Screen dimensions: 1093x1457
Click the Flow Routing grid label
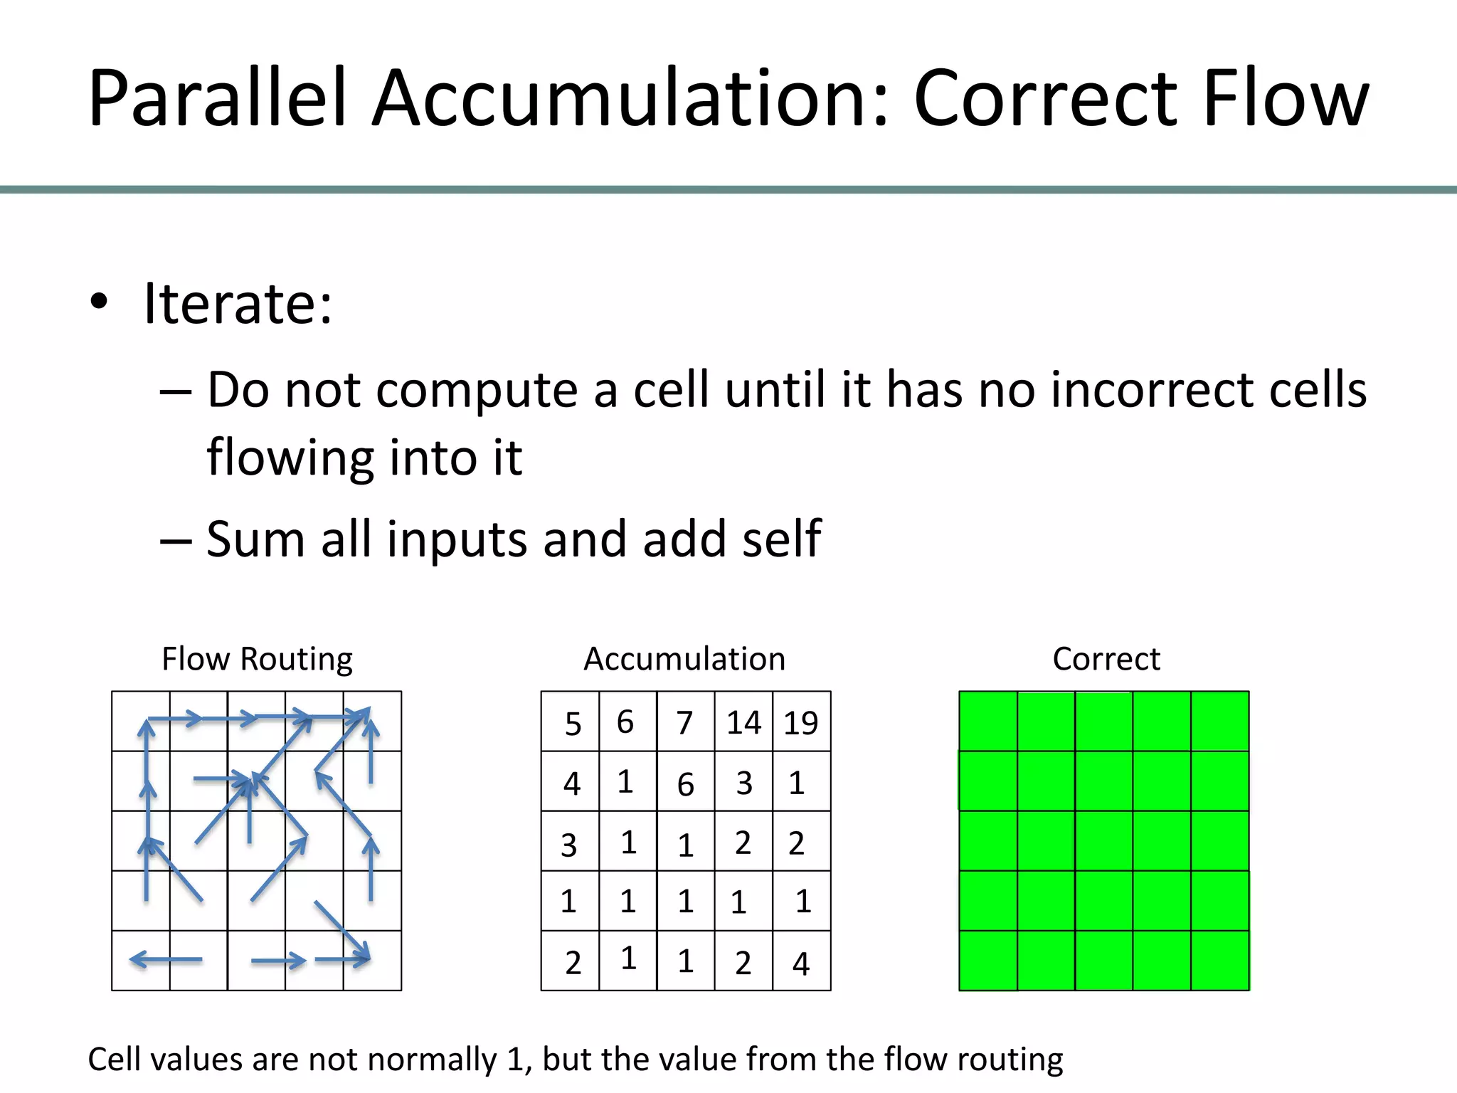click(257, 658)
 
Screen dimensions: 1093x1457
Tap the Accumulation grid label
click(684, 658)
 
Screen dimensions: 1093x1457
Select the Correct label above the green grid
click(1106, 658)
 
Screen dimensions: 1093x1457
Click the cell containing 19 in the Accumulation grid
click(801, 722)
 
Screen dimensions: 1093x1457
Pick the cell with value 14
click(743, 722)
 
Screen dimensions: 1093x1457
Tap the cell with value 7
click(685, 722)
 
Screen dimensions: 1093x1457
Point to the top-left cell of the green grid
click(988, 721)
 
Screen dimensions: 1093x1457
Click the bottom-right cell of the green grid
click(1220, 961)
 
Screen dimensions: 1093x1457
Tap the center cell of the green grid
click(1104, 841)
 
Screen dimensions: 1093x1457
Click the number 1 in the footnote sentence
click(515, 1059)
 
